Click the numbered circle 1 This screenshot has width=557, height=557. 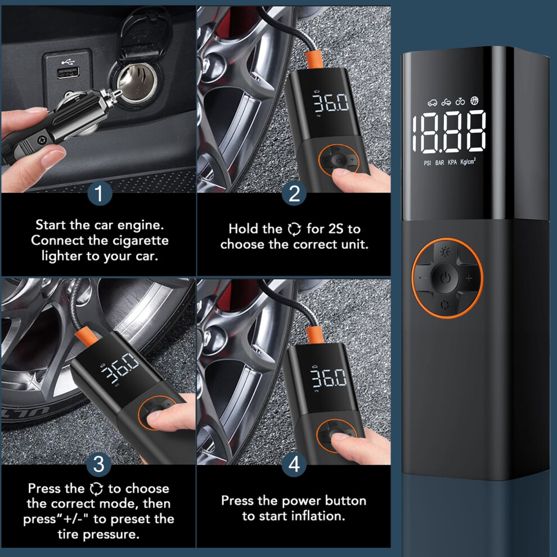(x=100, y=193)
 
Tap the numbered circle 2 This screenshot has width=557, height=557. (x=294, y=193)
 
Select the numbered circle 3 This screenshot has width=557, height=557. (x=99, y=464)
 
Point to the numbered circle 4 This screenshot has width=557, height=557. (x=294, y=464)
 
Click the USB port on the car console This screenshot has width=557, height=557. (x=68, y=73)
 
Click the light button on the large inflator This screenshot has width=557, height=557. (x=444, y=252)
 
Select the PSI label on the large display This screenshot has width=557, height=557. (x=428, y=163)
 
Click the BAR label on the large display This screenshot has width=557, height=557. (x=440, y=163)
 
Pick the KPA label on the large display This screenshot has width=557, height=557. (x=452, y=162)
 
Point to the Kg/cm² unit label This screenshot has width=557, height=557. (x=468, y=161)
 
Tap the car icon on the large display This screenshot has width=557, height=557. (x=432, y=103)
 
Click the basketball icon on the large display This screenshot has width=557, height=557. (x=475, y=101)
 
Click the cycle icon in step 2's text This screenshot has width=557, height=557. (x=294, y=229)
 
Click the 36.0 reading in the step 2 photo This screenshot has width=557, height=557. (x=331, y=102)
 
